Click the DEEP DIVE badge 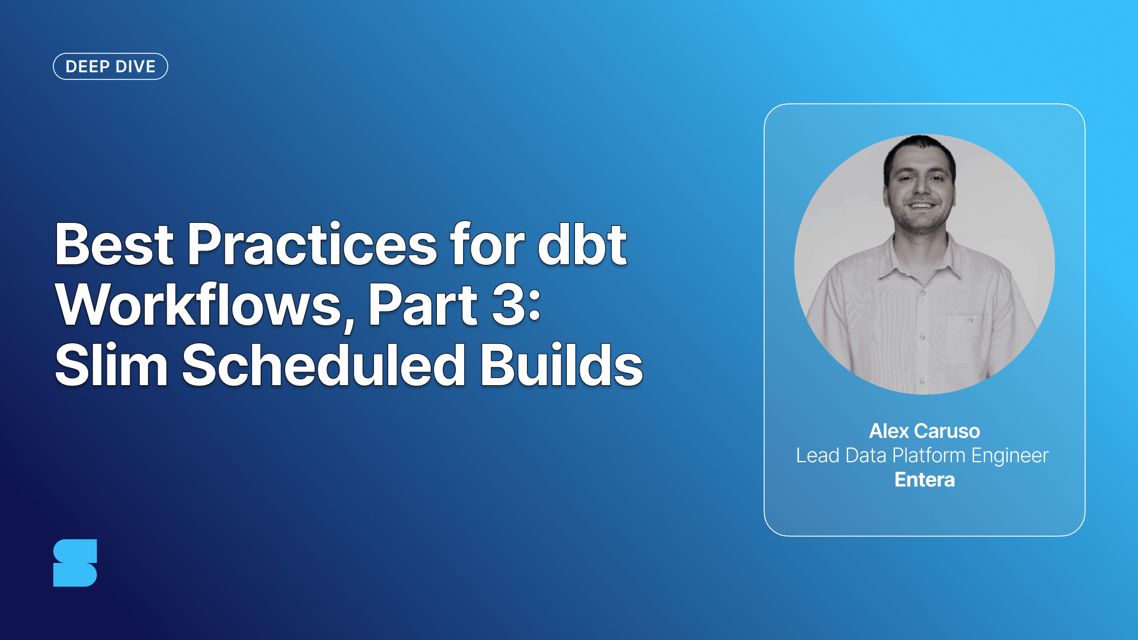pyautogui.click(x=110, y=66)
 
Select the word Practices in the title pyautogui.click(x=312, y=244)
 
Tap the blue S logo pyautogui.click(x=75, y=563)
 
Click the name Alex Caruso pyautogui.click(x=924, y=431)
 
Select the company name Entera pyautogui.click(x=924, y=479)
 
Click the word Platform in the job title pyautogui.click(x=928, y=455)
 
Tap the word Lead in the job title pyautogui.click(x=817, y=455)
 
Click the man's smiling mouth pyautogui.click(x=920, y=206)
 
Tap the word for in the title pyautogui.click(x=487, y=244)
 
